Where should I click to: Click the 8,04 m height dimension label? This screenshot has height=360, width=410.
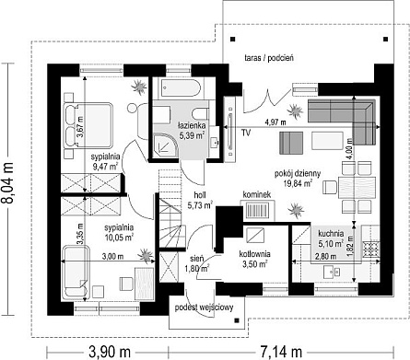tap(8, 183)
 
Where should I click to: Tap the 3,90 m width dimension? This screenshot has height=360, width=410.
tap(110, 352)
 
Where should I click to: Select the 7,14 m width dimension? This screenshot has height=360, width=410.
tap(281, 352)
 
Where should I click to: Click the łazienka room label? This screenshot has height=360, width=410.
tap(193, 125)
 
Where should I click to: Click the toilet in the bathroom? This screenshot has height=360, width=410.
tap(200, 113)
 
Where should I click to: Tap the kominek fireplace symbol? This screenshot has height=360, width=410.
tap(258, 211)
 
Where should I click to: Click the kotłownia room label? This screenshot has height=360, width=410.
tap(255, 254)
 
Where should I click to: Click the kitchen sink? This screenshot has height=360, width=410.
tap(333, 272)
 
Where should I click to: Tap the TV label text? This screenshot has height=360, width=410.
tap(245, 133)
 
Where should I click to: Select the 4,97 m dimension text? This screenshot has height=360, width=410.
tap(275, 122)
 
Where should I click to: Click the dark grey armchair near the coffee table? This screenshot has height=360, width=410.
tap(291, 143)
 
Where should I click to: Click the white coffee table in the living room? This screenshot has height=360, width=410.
tap(327, 141)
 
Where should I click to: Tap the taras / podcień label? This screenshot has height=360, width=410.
tap(269, 58)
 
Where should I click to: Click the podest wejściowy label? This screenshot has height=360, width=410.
tap(204, 308)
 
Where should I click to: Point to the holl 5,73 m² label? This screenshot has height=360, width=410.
tap(200, 201)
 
